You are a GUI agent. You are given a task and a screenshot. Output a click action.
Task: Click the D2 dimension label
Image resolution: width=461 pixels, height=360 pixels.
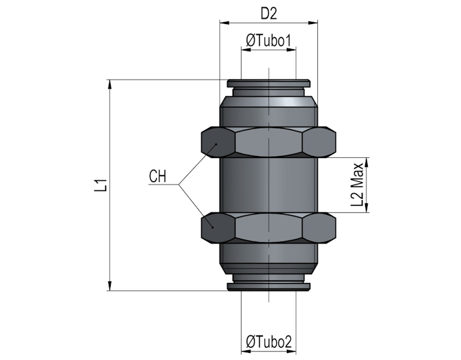(x=269, y=14)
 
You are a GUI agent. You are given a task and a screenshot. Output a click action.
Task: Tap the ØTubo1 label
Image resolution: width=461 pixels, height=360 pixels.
(x=269, y=41)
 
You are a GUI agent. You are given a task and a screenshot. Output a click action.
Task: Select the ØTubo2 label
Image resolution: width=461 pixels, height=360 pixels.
(x=269, y=342)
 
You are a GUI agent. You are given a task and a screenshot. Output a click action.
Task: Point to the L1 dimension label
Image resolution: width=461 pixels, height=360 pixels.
(x=100, y=185)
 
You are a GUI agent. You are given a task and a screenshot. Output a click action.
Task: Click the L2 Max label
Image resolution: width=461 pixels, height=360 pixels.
(x=357, y=185)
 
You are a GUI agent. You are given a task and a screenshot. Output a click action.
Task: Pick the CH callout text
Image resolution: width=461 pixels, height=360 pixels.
(x=157, y=177)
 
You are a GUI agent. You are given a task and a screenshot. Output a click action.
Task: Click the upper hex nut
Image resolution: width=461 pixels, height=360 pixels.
(x=269, y=142)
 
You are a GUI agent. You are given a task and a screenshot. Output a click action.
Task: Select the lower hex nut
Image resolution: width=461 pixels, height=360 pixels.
(x=269, y=228)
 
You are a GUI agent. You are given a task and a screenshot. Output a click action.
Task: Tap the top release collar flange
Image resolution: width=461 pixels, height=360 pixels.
(x=268, y=84)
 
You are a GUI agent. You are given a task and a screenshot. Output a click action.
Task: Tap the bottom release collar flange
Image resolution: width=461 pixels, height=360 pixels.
(x=268, y=287)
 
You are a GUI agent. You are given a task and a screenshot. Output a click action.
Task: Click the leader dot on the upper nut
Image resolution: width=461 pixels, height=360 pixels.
(x=216, y=144)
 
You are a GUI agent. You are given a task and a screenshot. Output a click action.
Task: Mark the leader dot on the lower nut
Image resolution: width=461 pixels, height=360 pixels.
(x=212, y=227)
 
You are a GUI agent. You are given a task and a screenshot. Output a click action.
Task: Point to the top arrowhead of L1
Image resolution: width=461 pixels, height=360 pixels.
(x=110, y=84)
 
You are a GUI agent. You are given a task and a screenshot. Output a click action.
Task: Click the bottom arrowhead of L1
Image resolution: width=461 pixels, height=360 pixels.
(x=110, y=286)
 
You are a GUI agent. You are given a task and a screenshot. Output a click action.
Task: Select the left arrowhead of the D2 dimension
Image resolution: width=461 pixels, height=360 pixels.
(x=225, y=23)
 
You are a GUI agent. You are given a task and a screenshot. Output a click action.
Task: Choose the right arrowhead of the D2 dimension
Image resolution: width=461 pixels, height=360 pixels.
(x=313, y=23)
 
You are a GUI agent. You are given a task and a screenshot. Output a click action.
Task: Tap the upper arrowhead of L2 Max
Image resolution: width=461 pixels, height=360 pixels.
(x=366, y=163)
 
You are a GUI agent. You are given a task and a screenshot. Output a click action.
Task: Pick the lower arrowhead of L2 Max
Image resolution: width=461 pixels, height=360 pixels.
(x=366, y=207)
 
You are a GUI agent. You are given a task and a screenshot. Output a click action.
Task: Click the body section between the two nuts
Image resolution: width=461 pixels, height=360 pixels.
(x=269, y=185)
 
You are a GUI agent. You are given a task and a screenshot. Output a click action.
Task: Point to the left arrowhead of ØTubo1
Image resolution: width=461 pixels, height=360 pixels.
(x=246, y=50)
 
